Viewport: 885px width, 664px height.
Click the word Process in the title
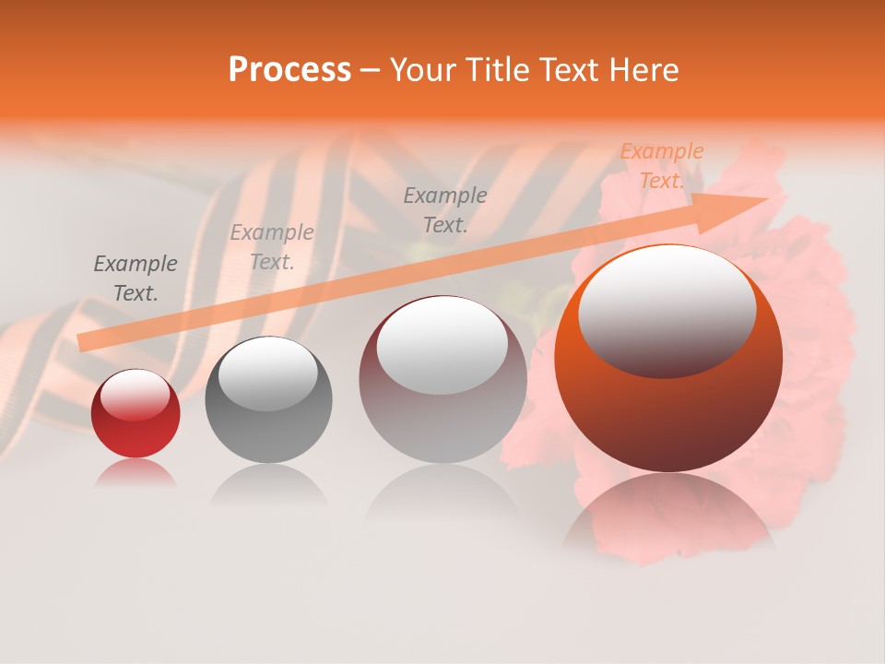coord(289,70)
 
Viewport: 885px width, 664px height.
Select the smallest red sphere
coord(136,414)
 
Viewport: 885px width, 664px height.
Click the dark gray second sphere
coord(268,400)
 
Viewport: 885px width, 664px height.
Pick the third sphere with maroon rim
coord(442,380)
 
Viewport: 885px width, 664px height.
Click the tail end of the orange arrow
coord(85,341)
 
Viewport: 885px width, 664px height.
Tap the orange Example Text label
coord(661,166)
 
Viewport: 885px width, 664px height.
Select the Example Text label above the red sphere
coord(136,279)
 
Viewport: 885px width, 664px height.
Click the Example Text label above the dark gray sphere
coord(272,247)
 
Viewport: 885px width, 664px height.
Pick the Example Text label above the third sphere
coord(445,209)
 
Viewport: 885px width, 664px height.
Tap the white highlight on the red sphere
coord(135,395)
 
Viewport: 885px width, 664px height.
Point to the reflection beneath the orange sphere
coord(668,516)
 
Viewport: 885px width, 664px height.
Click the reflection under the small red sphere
coord(136,474)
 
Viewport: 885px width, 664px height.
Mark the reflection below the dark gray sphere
coord(268,484)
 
